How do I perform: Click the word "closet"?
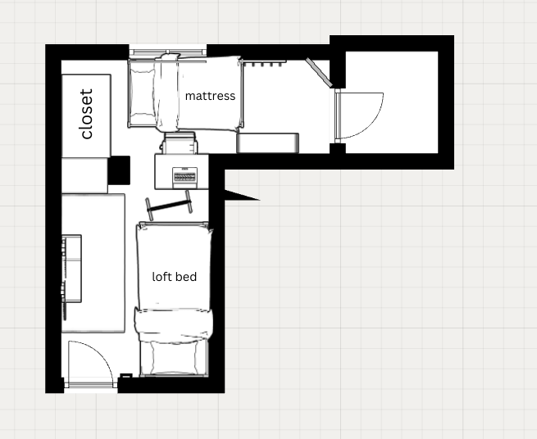(86, 115)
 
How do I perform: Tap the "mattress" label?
(210, 96)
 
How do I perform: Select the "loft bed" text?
(175, 277)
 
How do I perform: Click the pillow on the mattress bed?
(143, 93)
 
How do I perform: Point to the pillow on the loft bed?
(175, 357)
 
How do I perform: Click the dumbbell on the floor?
(169, 206)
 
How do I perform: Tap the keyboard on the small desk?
(184, 177)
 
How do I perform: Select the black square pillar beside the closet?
(119, 170)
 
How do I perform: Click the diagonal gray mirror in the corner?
(319, 72)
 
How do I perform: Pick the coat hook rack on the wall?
(262, 62)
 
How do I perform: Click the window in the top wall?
(168, 52)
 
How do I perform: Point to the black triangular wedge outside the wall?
(241, 196)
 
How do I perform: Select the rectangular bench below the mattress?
(267, 143)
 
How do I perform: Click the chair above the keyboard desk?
(180, 143)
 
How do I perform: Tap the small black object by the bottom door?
(126, 376)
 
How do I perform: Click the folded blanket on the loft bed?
(174, 325)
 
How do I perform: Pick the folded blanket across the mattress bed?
(166, 93)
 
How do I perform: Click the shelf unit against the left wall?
(71, 269)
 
